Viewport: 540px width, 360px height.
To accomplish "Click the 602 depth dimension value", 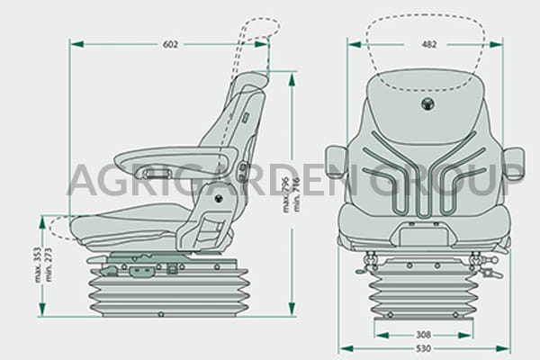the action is pyautogui.click(x=170, y=44).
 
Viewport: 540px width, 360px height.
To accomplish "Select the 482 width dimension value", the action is pyautogui.click(x=429, y=44).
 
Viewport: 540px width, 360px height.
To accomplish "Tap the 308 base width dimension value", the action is pyautogui.click(x=423, y=335).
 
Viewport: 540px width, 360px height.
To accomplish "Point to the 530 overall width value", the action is pyautogui.click(x=423, y=348).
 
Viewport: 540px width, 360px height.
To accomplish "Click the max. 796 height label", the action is pyautogui.click(x=286, y=195).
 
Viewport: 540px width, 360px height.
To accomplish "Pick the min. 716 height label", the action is pyautogui.click(x=296, y=194).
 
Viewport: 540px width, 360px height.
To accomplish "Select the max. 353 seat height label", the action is pyautogui.click(x=38, y=265).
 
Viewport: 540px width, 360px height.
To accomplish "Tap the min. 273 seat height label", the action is pyautogui.click(x=48, y=265).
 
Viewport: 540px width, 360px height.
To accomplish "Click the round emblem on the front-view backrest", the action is pyautogui.click(x=427, y=103).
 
